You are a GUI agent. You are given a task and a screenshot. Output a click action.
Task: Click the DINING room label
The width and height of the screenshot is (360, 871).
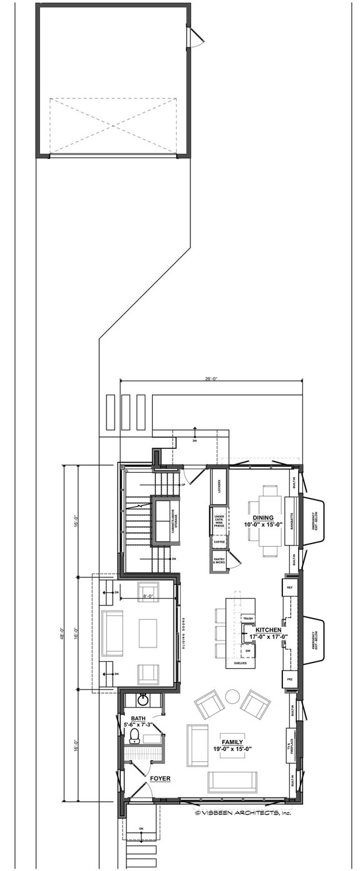pos(264,518)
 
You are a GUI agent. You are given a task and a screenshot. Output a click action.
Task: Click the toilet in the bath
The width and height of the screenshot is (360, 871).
pos(133,741)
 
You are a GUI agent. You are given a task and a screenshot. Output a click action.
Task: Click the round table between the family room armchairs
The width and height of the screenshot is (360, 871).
pos(232,696)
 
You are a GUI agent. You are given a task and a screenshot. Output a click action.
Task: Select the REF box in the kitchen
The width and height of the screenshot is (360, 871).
pos(289,588)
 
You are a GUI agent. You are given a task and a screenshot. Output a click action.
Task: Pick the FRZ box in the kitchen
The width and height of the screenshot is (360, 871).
pos(289,679)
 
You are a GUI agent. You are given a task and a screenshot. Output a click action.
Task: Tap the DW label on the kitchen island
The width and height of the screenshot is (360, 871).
pos(248,651)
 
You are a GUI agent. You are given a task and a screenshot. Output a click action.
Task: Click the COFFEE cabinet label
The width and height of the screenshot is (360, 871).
pos(219,542)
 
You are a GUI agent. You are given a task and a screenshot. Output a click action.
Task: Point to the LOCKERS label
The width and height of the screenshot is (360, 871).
pos(219,487)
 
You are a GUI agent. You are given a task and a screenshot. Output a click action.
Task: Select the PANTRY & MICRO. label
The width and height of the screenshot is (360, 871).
pos(219,562)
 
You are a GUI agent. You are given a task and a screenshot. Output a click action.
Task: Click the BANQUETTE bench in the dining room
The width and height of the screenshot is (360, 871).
pos(292,520)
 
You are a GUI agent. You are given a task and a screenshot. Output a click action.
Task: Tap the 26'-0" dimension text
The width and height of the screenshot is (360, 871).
pos(211,378)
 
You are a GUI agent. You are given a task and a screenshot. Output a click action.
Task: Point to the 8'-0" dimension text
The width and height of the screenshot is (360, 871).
pos(148,596)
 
